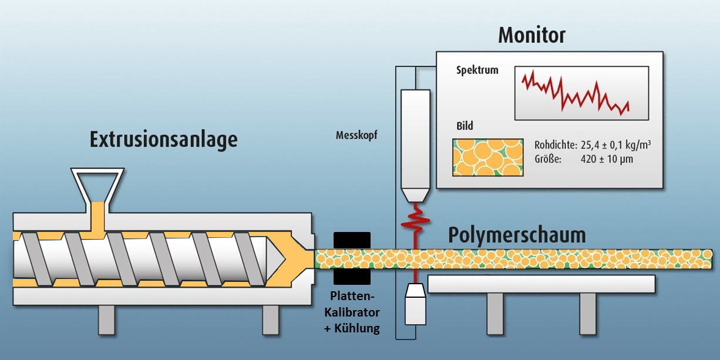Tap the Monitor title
coord(531,35)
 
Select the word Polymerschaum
coord(517,235)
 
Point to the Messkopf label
coord(356,134)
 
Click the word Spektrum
coord(477,70)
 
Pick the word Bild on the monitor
coord(465,126)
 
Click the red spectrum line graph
coord(576,93)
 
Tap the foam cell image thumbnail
coord(487,157)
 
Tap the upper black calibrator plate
coord(352,240)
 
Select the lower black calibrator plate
coord(352,276)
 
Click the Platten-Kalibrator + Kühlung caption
coord(352,311)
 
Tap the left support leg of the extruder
coord(106,319)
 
